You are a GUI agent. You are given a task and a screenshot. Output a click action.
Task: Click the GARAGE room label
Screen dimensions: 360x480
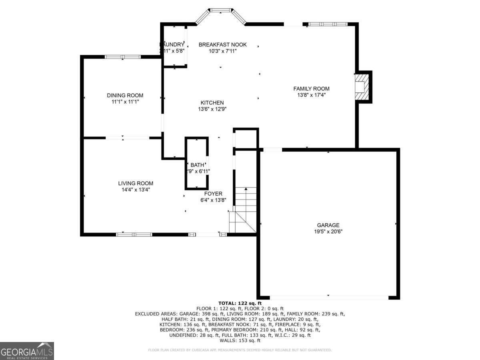(328, 225)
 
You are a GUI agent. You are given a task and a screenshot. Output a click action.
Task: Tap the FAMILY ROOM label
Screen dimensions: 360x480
(311, 88)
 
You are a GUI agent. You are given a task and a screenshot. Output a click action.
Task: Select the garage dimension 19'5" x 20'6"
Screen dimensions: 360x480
(328, 231)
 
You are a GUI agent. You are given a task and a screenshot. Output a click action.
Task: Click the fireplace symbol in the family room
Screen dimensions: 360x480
(362, 87)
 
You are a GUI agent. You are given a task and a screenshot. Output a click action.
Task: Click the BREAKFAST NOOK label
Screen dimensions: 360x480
(222, 44)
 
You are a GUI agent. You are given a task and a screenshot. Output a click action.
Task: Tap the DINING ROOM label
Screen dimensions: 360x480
(125, 95)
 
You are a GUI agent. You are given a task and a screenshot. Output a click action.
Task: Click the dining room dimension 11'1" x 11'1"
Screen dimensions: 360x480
(125, 102)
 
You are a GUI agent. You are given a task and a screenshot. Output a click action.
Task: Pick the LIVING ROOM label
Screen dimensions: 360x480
(136, 183)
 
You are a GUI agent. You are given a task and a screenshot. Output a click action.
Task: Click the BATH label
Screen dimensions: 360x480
(197, 165)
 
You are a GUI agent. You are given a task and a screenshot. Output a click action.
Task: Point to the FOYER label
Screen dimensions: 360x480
(213, 194)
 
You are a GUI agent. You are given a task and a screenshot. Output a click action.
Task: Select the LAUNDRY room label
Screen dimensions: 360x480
(172, 44)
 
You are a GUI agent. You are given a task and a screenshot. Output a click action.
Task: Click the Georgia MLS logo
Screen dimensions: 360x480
(27, 351)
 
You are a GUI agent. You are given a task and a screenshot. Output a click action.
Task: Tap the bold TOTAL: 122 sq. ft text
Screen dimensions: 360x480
(240, 303)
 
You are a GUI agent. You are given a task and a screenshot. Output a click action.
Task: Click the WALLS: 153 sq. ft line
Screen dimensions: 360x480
(240, 340)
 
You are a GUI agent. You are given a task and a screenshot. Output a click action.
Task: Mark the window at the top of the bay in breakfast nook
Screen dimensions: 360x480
(221, 10)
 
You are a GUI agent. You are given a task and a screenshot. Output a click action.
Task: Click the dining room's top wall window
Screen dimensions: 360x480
(122, 57)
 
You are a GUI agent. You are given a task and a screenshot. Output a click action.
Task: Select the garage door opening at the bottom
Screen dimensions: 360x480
(329, 297)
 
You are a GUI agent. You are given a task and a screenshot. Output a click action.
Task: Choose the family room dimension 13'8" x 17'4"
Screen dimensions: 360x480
(311, 95)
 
